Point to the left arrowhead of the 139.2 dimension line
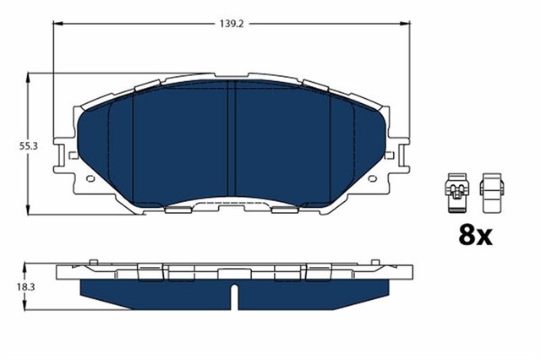coord(57,24)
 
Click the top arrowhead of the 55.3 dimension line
coord(31,77)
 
